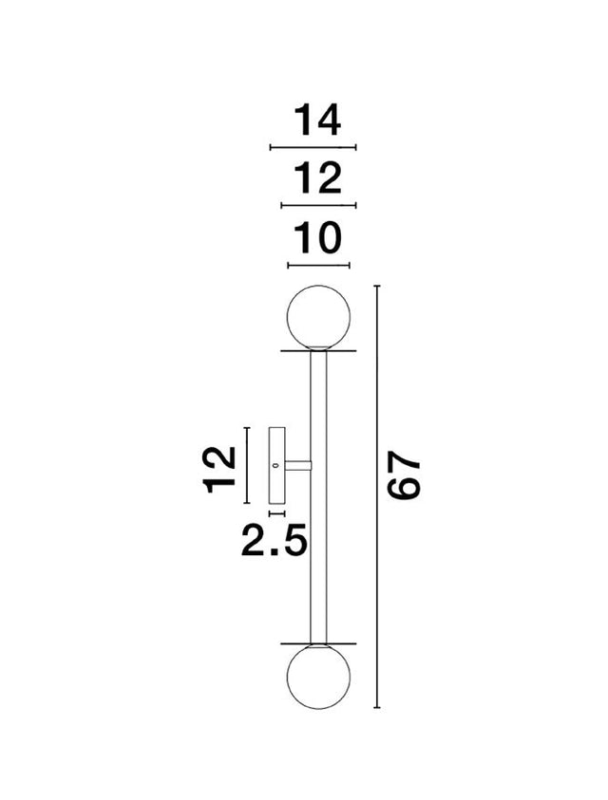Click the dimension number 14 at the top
pos(317,121)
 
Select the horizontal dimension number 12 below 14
pos(317,178)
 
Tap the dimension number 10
pos(317,238)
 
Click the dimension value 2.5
pos(275,540)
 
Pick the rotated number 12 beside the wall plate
pos(219,470)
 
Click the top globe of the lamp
pos(319,317)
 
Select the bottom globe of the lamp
pos(319,677)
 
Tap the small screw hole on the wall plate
pos(275,465)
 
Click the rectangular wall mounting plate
pos(277,465)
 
